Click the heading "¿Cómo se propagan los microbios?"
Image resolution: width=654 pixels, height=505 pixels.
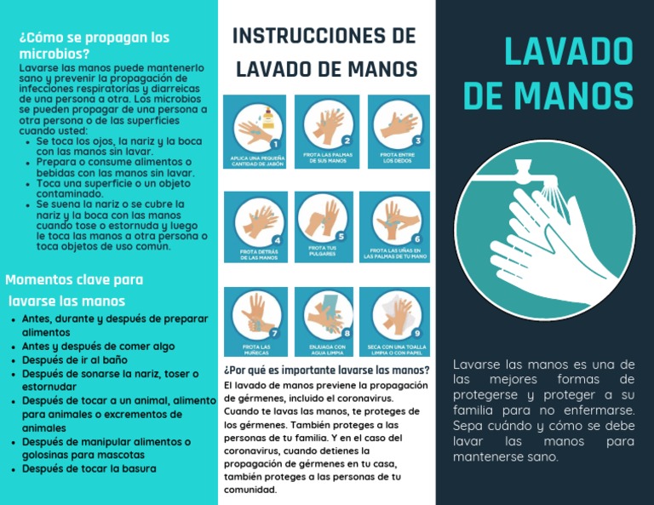coord(94,45)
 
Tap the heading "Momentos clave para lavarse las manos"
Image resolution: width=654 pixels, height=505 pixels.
coord(74,290)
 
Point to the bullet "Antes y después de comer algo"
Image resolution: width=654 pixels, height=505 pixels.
coord(98,346)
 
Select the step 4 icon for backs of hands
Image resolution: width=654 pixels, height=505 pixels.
coord(254,227)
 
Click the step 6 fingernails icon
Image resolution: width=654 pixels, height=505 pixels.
coord(394,227)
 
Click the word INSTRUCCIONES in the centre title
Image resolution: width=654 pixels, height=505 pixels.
coord(298,36)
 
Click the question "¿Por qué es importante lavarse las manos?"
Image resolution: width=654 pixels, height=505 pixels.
coord(326,370)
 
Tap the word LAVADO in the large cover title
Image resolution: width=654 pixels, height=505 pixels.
coord(568,51)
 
